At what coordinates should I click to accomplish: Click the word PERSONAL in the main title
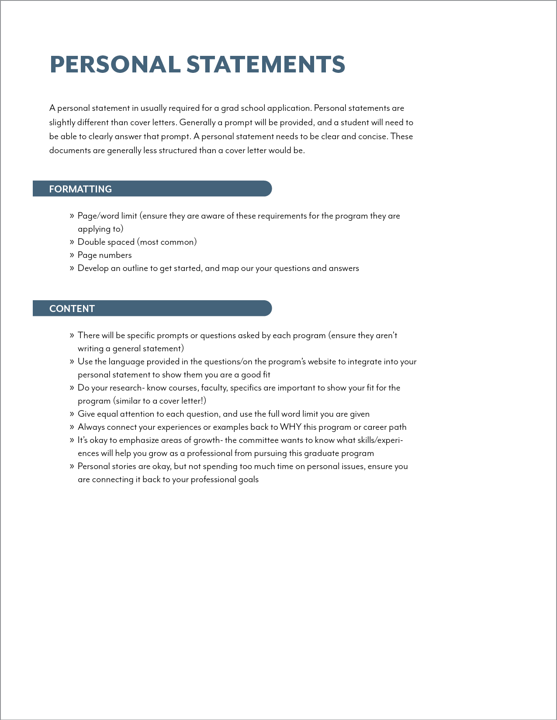(x=115, y=65)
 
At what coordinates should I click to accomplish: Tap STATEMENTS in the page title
(x=266, y=65)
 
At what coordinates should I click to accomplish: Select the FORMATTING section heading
(x=80, y=189)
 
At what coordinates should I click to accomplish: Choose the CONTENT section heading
(x=72, y=309)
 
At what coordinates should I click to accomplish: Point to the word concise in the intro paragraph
(x=372, y=136)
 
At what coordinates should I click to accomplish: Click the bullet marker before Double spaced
(x=72, y=242)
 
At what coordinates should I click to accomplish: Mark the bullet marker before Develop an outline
(x=72, y=268)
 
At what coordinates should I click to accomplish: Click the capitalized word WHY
(x=291, y=427)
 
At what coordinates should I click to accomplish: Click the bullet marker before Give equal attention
(x=72, y=414)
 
